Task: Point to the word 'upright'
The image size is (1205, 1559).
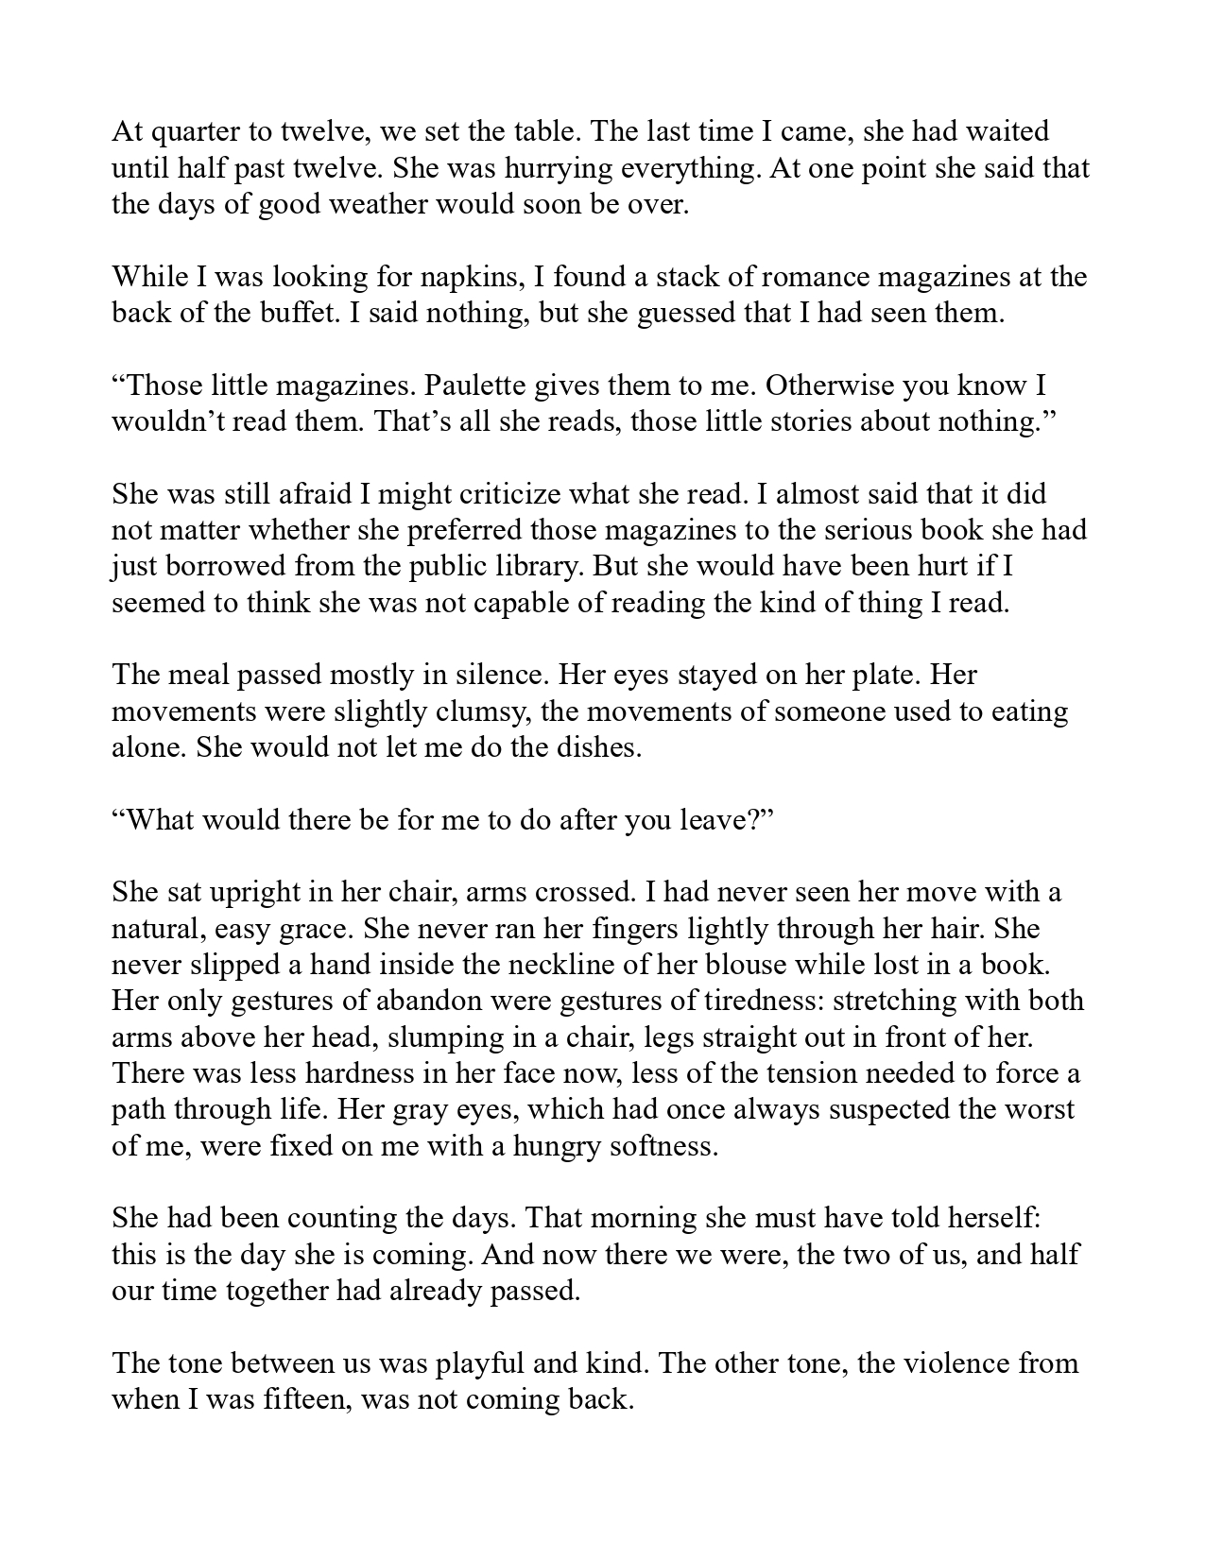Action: [238, 892]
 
